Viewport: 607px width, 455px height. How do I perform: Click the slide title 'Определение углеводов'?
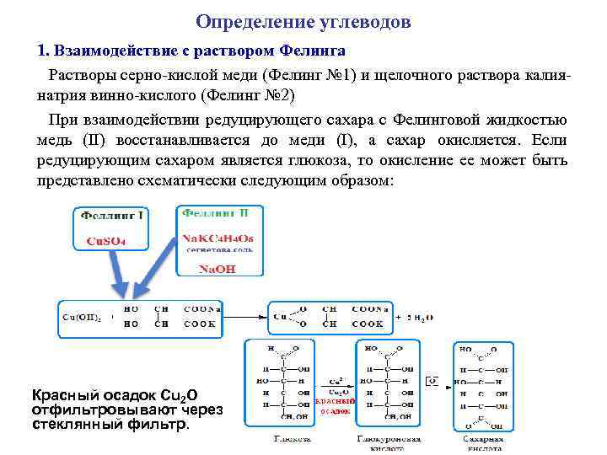click(x=303, y=20)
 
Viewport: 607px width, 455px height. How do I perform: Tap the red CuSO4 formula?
click(x=106, y=241)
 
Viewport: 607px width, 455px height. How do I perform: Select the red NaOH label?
click(x=217, y=270)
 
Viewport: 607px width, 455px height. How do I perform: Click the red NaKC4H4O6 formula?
click(x=218, y=238)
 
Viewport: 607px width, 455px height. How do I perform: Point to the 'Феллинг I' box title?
click(x=112, y=217)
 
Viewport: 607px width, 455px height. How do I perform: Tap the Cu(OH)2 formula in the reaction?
click(x=82, y=318)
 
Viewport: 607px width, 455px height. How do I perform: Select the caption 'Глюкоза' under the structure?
click(x=292, y=439)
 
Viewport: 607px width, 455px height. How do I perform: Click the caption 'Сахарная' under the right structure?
click(x=484, y=439)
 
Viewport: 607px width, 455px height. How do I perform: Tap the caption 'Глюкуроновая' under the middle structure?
click(x=389, y=439)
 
